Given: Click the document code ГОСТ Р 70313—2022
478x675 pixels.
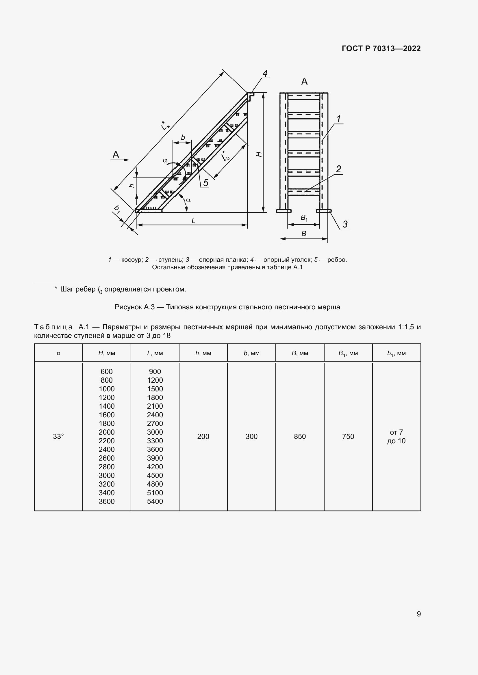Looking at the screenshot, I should click(381, 48).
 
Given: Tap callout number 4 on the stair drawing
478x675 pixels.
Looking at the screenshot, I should click(265, 74).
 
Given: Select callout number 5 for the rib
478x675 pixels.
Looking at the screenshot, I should click(206, 183).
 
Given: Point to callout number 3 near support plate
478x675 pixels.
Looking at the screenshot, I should click(345, 224).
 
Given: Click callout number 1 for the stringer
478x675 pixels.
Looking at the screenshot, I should click(338, 119).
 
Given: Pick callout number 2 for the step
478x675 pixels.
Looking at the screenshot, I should click(338, 169).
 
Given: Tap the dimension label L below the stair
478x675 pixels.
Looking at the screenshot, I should click(193, 220).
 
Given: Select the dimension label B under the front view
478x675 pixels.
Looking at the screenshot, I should click(304, 234).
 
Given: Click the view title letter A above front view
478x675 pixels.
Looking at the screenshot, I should click(304, 81).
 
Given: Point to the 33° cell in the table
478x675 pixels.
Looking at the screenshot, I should click(58, 437).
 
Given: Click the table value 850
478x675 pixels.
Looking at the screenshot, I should click(300, 437).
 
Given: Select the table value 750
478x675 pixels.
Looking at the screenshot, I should click(348, 437).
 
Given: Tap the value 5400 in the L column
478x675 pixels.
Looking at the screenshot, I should click(155, 502).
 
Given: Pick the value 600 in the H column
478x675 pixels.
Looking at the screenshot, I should click(107, 372).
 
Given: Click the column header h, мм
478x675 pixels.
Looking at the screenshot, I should click(203, 354).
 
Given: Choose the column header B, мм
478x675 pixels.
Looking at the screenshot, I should click(300, 354).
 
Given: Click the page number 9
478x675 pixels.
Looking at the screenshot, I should click(418, 614).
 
